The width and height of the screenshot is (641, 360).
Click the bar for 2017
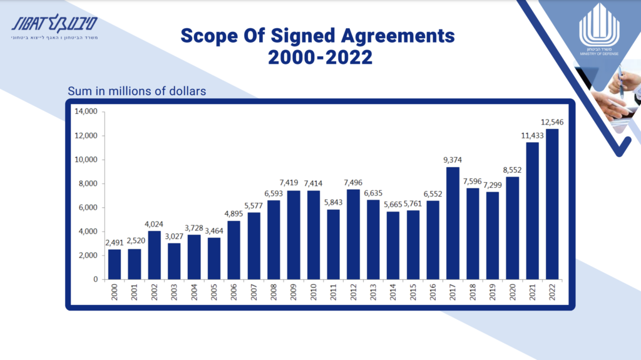coord(453,223)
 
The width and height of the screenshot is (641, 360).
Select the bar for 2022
coord(552,203)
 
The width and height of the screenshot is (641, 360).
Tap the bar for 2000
coord(115,264)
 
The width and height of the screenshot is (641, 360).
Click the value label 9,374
coord(453,160)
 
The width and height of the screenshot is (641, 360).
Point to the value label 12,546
coord(552,121)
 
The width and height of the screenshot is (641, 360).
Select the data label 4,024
coord(154,224)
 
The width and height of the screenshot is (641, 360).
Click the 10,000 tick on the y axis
coord(86,160)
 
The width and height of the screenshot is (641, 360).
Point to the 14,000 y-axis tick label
coord(86,111)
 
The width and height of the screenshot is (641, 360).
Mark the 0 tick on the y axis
coord(95,279)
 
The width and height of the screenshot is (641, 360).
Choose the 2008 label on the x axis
coord(274,292)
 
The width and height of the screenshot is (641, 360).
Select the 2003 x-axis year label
coord(175,292)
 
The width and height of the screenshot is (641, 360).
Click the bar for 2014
coord(393,245)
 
